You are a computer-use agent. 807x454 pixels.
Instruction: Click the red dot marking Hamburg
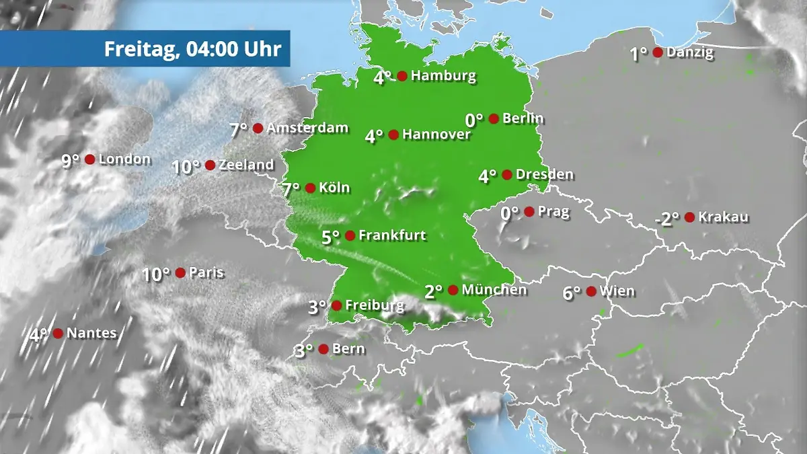coord(402,76)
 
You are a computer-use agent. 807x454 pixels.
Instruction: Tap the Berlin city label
coord(523,119)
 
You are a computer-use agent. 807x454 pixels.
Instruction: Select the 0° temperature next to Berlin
coord(474,120)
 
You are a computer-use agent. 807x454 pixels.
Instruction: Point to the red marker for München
coord(453,290)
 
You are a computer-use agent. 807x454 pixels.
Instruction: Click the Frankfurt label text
coord(393,235)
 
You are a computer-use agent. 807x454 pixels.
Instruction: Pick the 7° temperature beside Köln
coord(291,190)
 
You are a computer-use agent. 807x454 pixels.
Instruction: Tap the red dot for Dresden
coord(507,175)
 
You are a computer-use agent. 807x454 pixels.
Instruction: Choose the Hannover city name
coord(436,135)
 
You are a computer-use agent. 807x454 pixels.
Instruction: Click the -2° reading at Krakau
coord(667,219)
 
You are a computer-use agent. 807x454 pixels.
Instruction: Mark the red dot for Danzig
coord(658,52)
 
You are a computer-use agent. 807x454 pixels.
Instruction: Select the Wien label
coord(617,291)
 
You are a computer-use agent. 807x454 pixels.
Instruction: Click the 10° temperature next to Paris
coord(156,274)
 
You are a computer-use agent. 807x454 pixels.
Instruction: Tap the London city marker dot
coord(89,159)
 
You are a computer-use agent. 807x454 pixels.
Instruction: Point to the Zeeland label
coord(246,165)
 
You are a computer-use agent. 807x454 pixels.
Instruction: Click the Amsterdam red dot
coord(258,128)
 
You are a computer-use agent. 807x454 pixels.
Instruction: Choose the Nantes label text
coord(91,333)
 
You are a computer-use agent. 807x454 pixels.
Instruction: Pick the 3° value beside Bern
coord(304,350)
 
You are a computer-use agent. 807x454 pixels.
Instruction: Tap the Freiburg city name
coord(375,305)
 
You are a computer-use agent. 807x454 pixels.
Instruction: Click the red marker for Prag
coord(529,212)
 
